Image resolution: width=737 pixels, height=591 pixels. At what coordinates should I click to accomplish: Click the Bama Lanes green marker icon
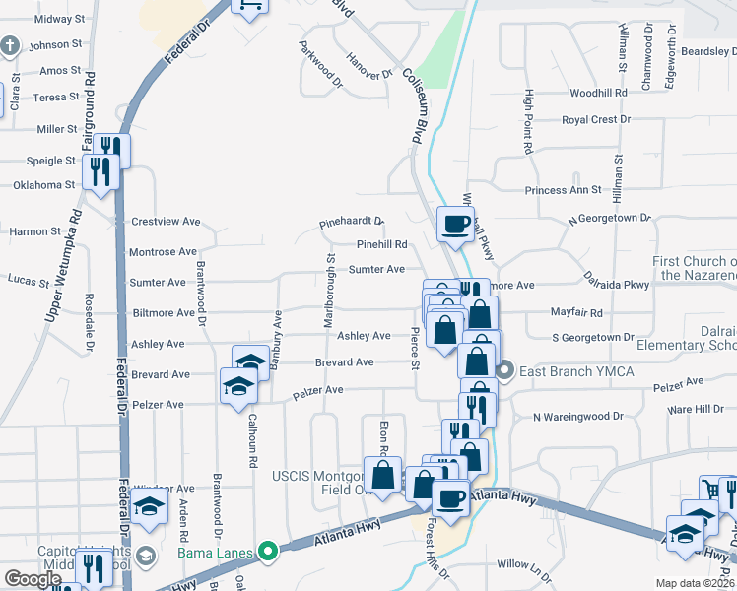point(266,552)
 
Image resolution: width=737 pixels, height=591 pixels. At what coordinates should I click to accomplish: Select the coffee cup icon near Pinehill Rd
point(455,225)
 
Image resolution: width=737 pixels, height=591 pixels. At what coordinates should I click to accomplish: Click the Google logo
point(32,579)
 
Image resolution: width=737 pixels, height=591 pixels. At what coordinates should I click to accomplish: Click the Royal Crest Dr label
point(596,119)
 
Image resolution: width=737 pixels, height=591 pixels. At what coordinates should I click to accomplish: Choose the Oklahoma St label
point(44,184)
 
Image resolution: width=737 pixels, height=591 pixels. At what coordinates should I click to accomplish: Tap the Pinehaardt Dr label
point(351,224)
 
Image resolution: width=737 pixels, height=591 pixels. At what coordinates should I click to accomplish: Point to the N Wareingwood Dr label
point(577,417)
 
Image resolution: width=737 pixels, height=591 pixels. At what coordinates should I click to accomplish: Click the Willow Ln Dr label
point(526,564)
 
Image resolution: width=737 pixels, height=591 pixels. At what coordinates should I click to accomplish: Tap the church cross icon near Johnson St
point(10,45)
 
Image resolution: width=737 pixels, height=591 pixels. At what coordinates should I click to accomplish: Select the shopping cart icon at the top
point(249,5)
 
